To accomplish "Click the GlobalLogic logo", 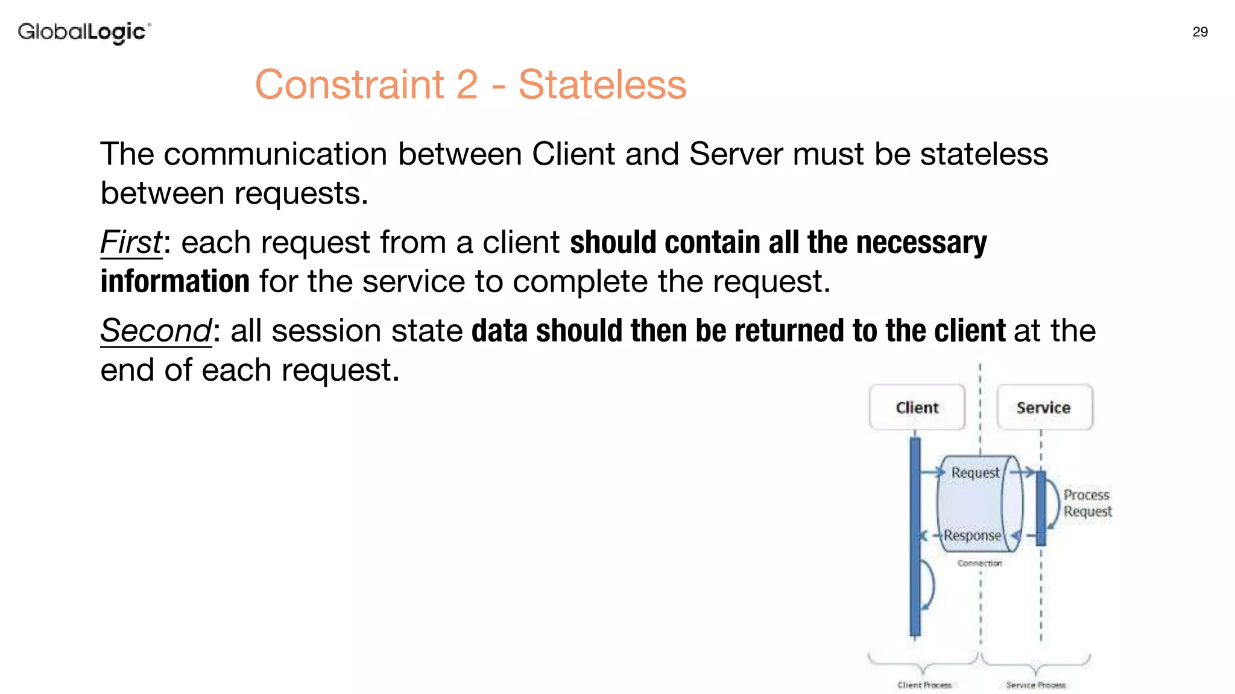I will (x=84, y=32).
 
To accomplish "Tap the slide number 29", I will (x=1200, y=32).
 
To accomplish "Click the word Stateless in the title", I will (x=602, y=84).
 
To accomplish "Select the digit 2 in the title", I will (x=467, y=84).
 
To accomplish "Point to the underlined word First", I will (x=131, y=242).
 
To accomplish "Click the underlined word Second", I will (x=156, y=331).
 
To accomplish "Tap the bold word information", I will (x=175, y=281).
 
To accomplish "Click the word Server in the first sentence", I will (x=736, y=154).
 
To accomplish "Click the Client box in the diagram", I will (x=917, y=408).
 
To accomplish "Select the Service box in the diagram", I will (x=1044, y=408).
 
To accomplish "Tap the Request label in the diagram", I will (x=975, y=473).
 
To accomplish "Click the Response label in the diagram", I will (x=972, y=535).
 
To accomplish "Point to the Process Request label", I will (x=1087, y=503).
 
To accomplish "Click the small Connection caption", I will (x=979, y=563).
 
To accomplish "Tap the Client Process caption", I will (x=924, y=685).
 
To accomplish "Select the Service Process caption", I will (x=1035, y=685).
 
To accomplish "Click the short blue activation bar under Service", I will (x=1041, y=508).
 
